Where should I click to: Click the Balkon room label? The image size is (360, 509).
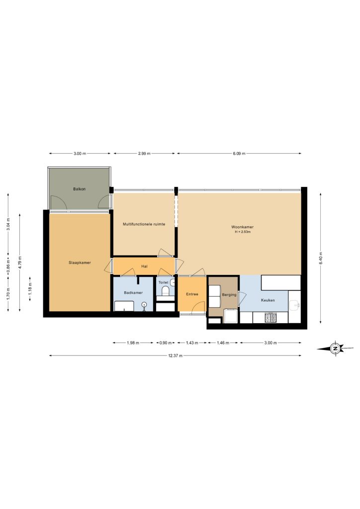(79, 189)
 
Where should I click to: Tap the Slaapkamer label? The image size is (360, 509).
(80, 262)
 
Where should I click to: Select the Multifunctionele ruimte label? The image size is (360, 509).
(144, 224)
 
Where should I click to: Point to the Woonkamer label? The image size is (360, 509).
(242, 227)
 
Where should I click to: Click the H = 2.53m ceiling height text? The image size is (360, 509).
(243, 232)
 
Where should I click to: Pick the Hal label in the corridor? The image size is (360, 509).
(145, 266)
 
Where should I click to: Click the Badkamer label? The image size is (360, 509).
(133, 292)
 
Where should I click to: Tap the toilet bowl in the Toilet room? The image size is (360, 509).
(166, 291)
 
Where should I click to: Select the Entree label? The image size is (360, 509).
(192, 294)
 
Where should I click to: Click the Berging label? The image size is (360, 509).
(229, 295)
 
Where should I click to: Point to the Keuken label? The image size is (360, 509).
(268, 300)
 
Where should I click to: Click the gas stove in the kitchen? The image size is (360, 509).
(270, 318)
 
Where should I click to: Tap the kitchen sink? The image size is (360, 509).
(295, 305)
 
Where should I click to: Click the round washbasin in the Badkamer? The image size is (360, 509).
(144, 305)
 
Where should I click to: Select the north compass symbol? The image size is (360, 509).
(335, 348)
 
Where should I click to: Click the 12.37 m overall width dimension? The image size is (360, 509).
(176, 355)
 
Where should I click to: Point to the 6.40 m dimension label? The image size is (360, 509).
(320, 258)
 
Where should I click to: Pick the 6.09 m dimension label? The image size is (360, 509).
(239, 154)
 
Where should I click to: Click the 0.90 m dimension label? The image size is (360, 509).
(166, 343)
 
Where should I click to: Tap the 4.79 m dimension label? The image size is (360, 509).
(20, 262)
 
